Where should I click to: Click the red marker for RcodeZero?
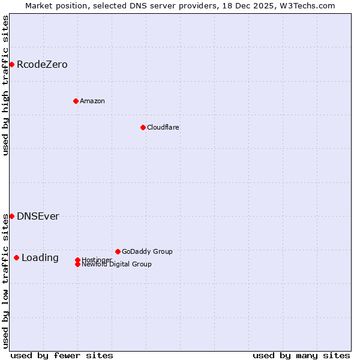coord(11,64)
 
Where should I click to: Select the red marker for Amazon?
coord(76,101)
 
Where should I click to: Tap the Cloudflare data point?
coord(143,127)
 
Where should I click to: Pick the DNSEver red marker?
coord(11,216)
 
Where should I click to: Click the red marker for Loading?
coord(16,257)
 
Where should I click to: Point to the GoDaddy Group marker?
coord(118,251)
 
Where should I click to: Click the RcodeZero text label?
coord(42,64)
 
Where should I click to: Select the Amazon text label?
coord(92,101)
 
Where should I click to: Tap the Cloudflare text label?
coord(163,127)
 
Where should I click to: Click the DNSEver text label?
coord(38,216)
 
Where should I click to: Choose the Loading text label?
coord(40,257)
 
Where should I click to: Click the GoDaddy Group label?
coord(147,251)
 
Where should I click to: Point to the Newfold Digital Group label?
coord(117,264)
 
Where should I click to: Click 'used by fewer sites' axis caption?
coord(62,355)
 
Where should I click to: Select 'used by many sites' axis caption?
coord(301,355)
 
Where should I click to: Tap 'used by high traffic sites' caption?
coord(5,85)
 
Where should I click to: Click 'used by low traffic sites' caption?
coord(5,281)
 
